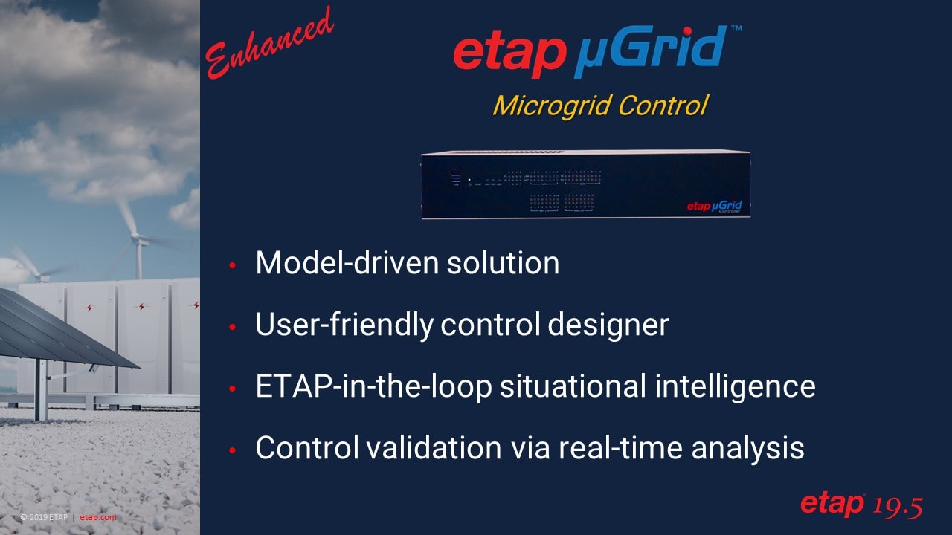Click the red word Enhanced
[x=269, y=42]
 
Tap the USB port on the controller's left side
[x=455, y=178]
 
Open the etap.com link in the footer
[x=98, y=517]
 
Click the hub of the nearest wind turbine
[x=136, y=238]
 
